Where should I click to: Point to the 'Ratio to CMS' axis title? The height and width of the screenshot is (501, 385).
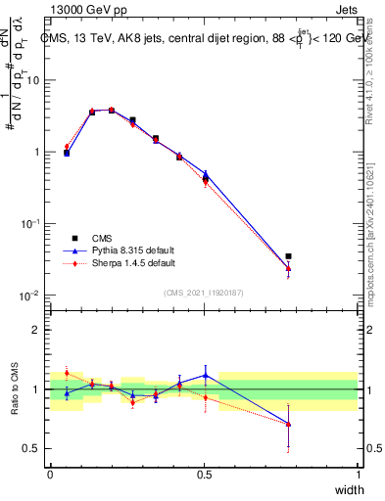tap(14, 389)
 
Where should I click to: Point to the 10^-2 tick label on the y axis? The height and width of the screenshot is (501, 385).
tap(29, 296)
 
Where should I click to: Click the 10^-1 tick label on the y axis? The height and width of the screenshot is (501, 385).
tap(29, 224)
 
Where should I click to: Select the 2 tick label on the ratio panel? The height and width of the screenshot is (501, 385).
tap(36, 330)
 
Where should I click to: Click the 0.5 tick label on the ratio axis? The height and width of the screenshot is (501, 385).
tap(31, 449)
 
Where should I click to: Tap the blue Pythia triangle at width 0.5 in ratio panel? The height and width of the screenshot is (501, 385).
tap(205, 375)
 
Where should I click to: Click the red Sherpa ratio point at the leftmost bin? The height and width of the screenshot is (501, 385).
tap(67, 373)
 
